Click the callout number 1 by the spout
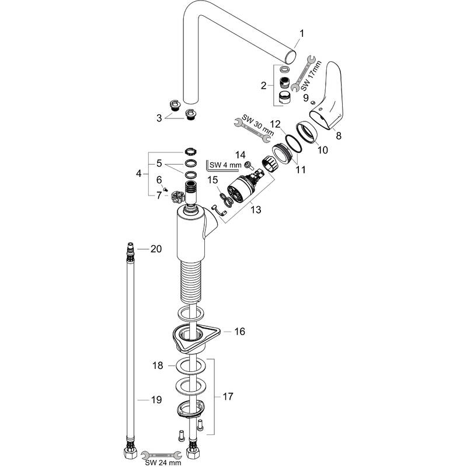302,34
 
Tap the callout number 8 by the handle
338,134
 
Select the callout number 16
239,332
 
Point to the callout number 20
155,249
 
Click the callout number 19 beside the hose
155,400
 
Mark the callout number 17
228,396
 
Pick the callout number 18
157,365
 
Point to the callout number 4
138,173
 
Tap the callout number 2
263,85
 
